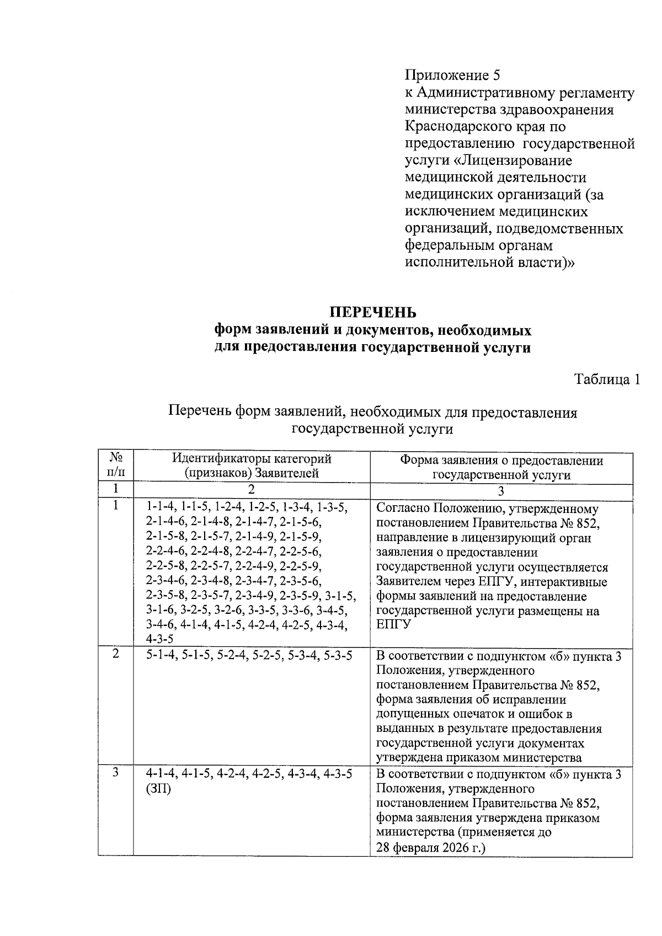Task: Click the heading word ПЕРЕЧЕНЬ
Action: [x=373, y=313]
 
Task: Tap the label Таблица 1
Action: [x=607, y=379]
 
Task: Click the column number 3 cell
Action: [x=501, y=490]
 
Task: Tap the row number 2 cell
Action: [x=116, y=654]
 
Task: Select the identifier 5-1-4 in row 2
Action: [x=162, y=655]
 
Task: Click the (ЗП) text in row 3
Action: [x=158, y=788]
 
